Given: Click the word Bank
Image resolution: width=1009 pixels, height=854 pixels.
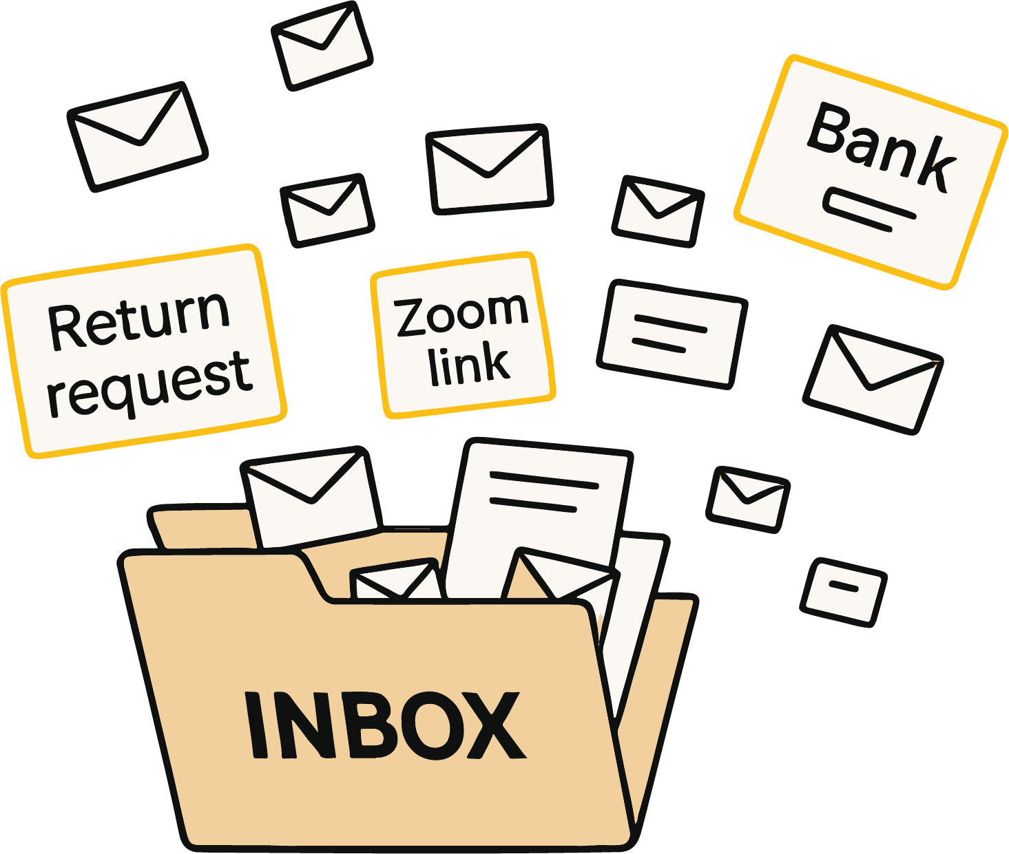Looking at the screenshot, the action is (x=881, y=147).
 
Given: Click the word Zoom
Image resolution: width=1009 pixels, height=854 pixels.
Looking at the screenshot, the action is (x=461, y=315).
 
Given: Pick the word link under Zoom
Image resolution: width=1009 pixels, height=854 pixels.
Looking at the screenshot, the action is (x=469, y=363).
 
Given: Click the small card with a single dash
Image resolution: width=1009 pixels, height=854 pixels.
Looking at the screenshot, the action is (x=844, y=593).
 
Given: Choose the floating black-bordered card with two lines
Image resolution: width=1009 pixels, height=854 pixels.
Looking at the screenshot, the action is (x=672, y=334).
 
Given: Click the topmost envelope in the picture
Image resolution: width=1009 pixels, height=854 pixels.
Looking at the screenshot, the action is (x=322, y=46).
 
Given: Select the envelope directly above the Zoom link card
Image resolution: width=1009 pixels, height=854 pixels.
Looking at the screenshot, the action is (x=490, y=169).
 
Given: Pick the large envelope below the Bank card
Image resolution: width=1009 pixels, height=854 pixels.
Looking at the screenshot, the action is (x=873, y=379).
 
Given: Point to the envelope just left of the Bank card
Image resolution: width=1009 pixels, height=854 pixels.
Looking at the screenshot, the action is (x=658, y=212).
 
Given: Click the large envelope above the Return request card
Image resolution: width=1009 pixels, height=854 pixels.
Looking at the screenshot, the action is (x=138, y=137).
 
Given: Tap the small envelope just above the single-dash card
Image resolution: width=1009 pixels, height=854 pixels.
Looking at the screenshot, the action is (x=748, y=500).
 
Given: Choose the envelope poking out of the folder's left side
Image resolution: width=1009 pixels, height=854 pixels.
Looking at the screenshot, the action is (x=311, y=498).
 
